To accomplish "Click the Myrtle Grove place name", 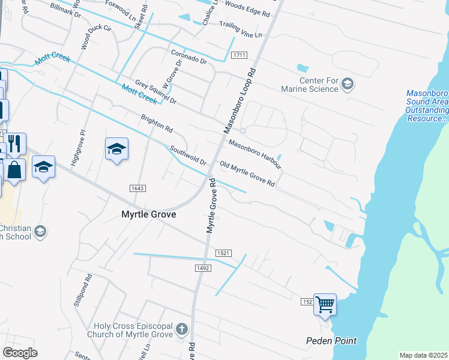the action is pos(149,214).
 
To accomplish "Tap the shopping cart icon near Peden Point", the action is pos(325,305).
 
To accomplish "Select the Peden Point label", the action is pos(331,341).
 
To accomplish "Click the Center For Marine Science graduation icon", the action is pos(348,84).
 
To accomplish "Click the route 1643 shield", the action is pos(137,188).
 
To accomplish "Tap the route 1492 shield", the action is pos(202,268).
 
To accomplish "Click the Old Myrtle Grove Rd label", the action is pos(247,173).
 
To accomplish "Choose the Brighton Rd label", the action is pos(157,124).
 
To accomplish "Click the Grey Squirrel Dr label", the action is pos(155,92).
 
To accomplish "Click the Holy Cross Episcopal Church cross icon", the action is pos(182,329).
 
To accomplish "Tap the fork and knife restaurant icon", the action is pos(15,143).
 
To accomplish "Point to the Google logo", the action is pos(20,352).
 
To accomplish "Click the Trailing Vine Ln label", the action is pos(241,30).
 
